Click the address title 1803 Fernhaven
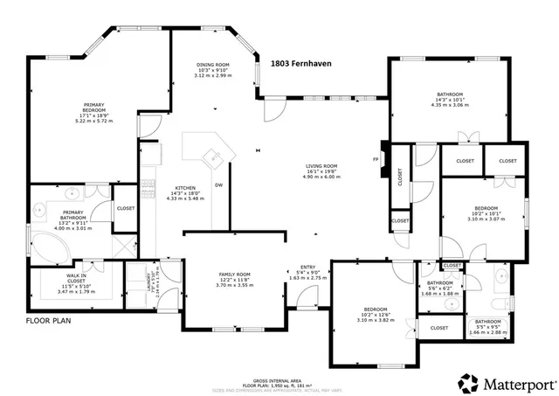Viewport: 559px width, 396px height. [x=301, y=64]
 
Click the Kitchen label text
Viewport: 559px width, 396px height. [x=184, y=188]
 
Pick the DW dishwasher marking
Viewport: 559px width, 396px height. [x=219, y=184]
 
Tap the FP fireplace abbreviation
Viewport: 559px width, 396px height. [x=376, y=159]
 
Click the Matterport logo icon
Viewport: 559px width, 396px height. [x=469, y=381]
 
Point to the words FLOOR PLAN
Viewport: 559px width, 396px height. [x=48, y=321]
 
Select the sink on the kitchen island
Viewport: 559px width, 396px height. [x=210, y=157]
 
